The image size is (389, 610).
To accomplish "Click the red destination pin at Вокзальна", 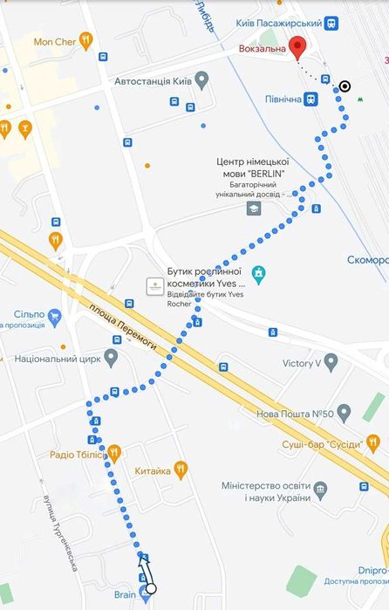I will coord(297,46).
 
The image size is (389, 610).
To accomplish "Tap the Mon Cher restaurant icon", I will coord(85,39).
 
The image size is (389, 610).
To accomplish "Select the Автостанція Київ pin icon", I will coord(201,81).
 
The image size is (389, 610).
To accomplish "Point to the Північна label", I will coord(283,99).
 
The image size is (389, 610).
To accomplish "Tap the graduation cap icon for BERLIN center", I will coord(253,208).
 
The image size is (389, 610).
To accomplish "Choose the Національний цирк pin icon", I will coord(111,358).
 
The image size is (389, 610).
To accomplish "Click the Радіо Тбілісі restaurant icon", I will coord(113,453).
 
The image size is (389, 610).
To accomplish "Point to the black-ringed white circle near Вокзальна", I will coord(345,86).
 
